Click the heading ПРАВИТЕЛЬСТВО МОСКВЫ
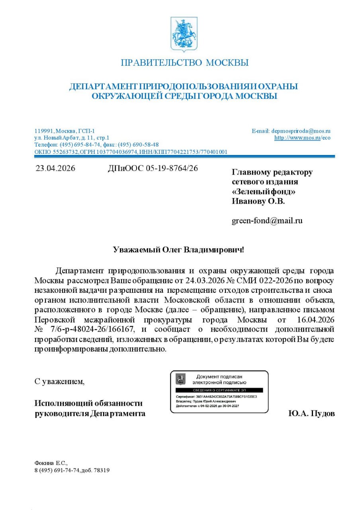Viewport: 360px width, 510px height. coord(184,63)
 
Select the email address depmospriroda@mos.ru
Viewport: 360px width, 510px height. coord(301,131)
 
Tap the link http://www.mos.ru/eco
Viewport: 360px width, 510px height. coord(302,138)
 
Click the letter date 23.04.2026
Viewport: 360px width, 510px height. coord(55,168)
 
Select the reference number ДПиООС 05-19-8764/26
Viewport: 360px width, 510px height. coord(153,168)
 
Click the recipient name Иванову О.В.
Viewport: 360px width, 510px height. coord(258,201)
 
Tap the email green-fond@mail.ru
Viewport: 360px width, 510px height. coord(267,220)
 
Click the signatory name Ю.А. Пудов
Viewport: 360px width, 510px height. coord(312,413)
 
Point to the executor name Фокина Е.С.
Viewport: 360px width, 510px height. coord(51,463)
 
